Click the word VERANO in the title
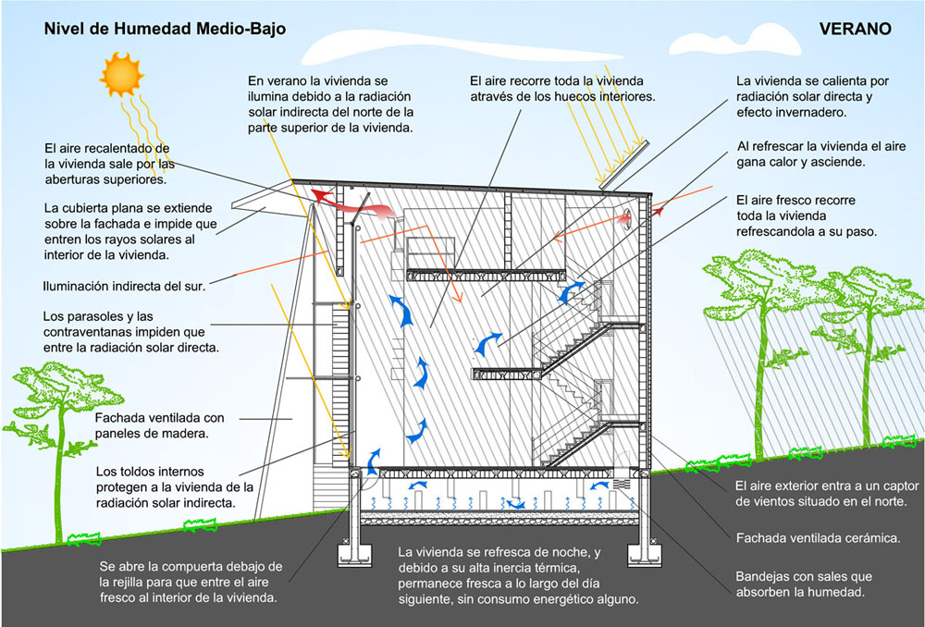(855, 29)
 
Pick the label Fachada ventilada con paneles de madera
(159, 424)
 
